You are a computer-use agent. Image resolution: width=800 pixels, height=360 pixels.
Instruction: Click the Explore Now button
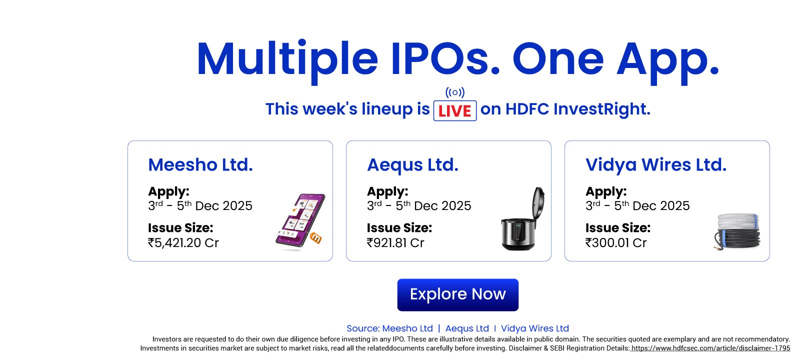(457, 294)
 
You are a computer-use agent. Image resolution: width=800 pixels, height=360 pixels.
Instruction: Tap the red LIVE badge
(454, 110)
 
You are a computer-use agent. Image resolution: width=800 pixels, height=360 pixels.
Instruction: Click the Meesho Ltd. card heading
(200, 164)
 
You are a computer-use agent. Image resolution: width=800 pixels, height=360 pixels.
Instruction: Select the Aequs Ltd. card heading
(412, 164)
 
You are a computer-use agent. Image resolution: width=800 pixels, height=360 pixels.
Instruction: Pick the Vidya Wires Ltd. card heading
(655, 164)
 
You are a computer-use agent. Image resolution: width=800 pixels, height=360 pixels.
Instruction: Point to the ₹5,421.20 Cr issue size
(183, 243)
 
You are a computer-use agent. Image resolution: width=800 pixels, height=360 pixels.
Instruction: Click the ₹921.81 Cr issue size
(395, 243)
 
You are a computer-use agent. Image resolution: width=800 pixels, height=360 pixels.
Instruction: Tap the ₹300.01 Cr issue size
(615, 243)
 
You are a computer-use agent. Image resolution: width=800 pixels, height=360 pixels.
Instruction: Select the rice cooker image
(522, 218)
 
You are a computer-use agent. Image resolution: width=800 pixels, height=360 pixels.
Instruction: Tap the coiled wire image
(737, 231)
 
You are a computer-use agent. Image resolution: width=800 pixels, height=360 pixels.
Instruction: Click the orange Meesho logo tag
(315, 237)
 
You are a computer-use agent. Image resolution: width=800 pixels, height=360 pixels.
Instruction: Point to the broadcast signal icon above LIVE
(454, 92)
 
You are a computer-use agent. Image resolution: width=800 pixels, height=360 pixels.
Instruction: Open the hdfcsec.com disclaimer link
(710, 348)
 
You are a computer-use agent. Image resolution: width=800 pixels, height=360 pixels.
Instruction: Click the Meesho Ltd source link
(407, 328)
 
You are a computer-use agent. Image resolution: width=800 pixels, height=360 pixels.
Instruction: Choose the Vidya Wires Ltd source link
(534, 328)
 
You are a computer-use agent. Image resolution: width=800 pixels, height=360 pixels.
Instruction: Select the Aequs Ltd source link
(467, 328)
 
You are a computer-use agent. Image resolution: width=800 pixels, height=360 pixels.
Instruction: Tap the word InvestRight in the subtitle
(602, 109)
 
